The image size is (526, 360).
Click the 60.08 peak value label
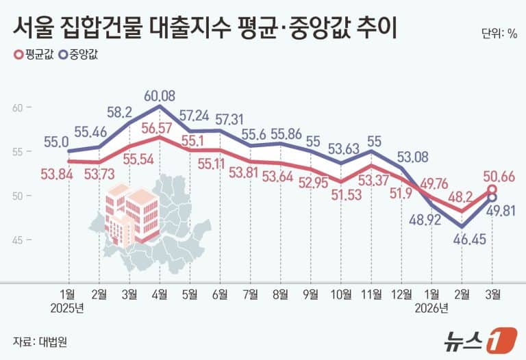tap(160, 94)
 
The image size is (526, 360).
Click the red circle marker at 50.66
tap(492, 190)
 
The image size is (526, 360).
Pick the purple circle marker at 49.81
tap(492, 198)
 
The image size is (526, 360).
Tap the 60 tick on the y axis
tap(18, 107)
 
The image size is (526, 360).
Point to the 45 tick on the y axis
tap(18, 240)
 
